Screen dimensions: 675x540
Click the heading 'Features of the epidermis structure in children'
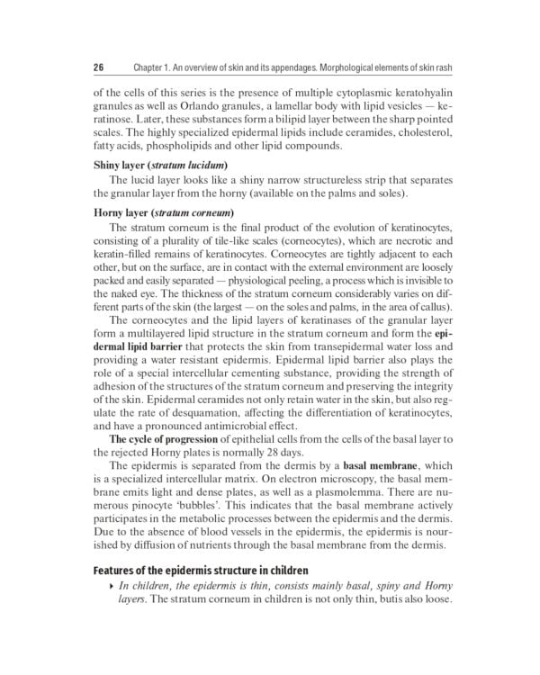[208, 571]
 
